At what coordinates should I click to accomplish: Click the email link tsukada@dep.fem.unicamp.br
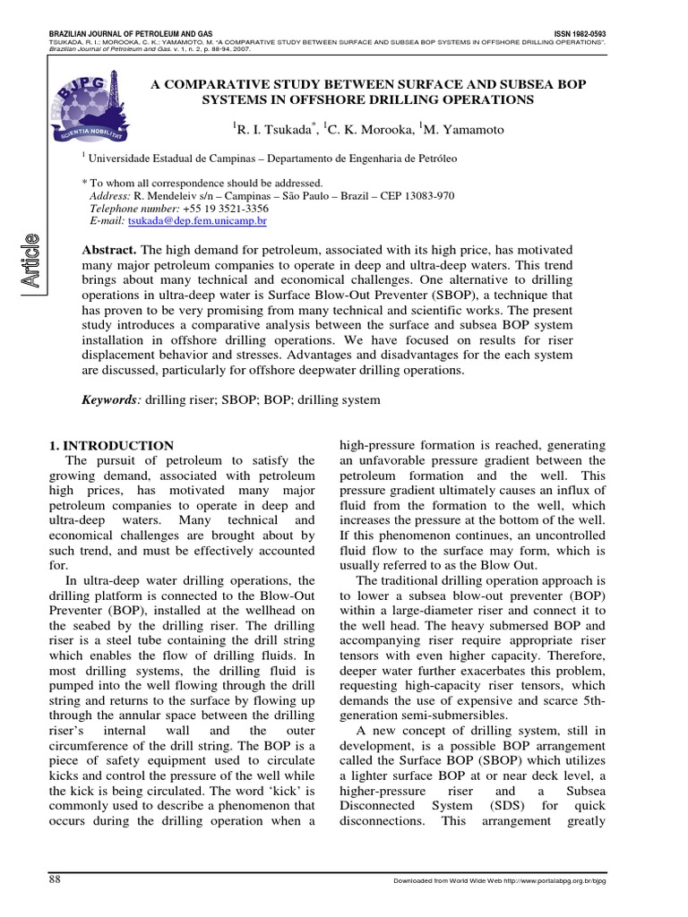tap(198, 219)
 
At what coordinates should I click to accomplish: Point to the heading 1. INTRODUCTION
tap(109, 445)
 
